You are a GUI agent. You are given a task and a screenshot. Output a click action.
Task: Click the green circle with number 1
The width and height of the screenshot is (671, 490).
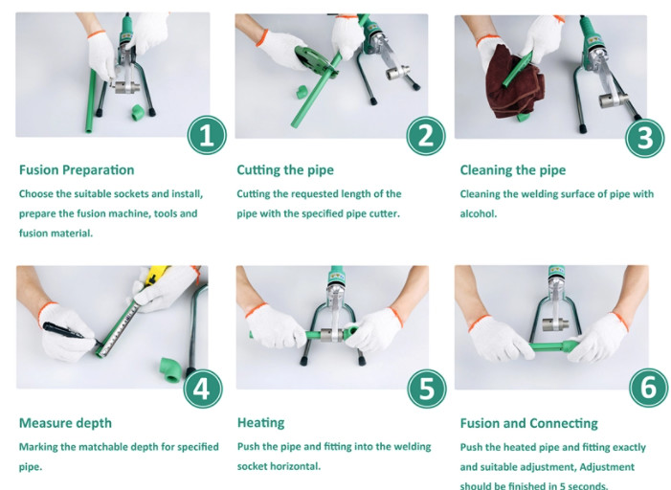[207, 135]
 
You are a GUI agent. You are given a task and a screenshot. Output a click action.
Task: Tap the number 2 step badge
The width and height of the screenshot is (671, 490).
[426, 136]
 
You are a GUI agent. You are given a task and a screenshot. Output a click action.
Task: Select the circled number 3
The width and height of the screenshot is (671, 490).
[645, 138]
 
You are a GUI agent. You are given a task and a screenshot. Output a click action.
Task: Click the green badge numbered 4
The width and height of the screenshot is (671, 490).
[203, 389]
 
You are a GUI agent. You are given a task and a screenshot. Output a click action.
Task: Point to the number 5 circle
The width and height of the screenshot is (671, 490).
[427, 389]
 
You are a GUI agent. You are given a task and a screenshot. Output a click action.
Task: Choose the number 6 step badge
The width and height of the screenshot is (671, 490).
[649, 388]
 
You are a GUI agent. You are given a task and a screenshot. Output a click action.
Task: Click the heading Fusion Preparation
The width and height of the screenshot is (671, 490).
[77, 170]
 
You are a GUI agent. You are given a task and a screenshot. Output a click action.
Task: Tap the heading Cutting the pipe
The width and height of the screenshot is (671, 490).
[285, 170]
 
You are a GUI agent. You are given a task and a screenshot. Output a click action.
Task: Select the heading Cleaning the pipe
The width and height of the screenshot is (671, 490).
[513, 170]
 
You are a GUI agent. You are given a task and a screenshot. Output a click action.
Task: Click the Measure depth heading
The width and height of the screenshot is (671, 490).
[65, 423]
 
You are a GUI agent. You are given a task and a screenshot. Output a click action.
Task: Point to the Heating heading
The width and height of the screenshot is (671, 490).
[261, 423]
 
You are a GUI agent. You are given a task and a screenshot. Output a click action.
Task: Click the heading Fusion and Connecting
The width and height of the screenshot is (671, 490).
[529, 423]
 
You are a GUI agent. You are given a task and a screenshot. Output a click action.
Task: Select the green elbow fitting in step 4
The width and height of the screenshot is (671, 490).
[170, 369]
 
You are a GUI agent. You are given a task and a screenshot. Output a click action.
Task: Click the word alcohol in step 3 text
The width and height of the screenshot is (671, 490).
[478, 213]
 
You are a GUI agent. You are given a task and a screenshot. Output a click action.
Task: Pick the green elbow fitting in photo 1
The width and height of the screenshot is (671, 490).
[138, 112]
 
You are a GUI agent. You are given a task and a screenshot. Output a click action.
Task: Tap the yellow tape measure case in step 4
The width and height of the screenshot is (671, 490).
[156, 275]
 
